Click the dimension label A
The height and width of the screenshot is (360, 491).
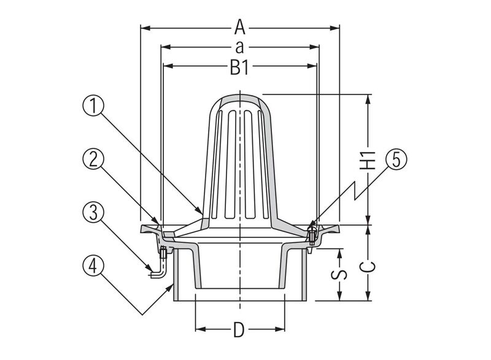tap(240, 27)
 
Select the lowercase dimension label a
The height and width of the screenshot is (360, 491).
tap(239, 47)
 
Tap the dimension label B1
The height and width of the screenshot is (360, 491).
tap(239, 67)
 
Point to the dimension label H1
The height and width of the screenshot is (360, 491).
tap(367, 160)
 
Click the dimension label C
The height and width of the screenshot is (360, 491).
tap(367, 267)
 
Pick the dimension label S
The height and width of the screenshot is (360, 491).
tap(339, 274)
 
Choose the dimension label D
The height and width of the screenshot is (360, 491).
tap(239, 330)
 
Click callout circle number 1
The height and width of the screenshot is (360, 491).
tap(93, 105)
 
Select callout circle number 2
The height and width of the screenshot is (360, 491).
tap(93, 159)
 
